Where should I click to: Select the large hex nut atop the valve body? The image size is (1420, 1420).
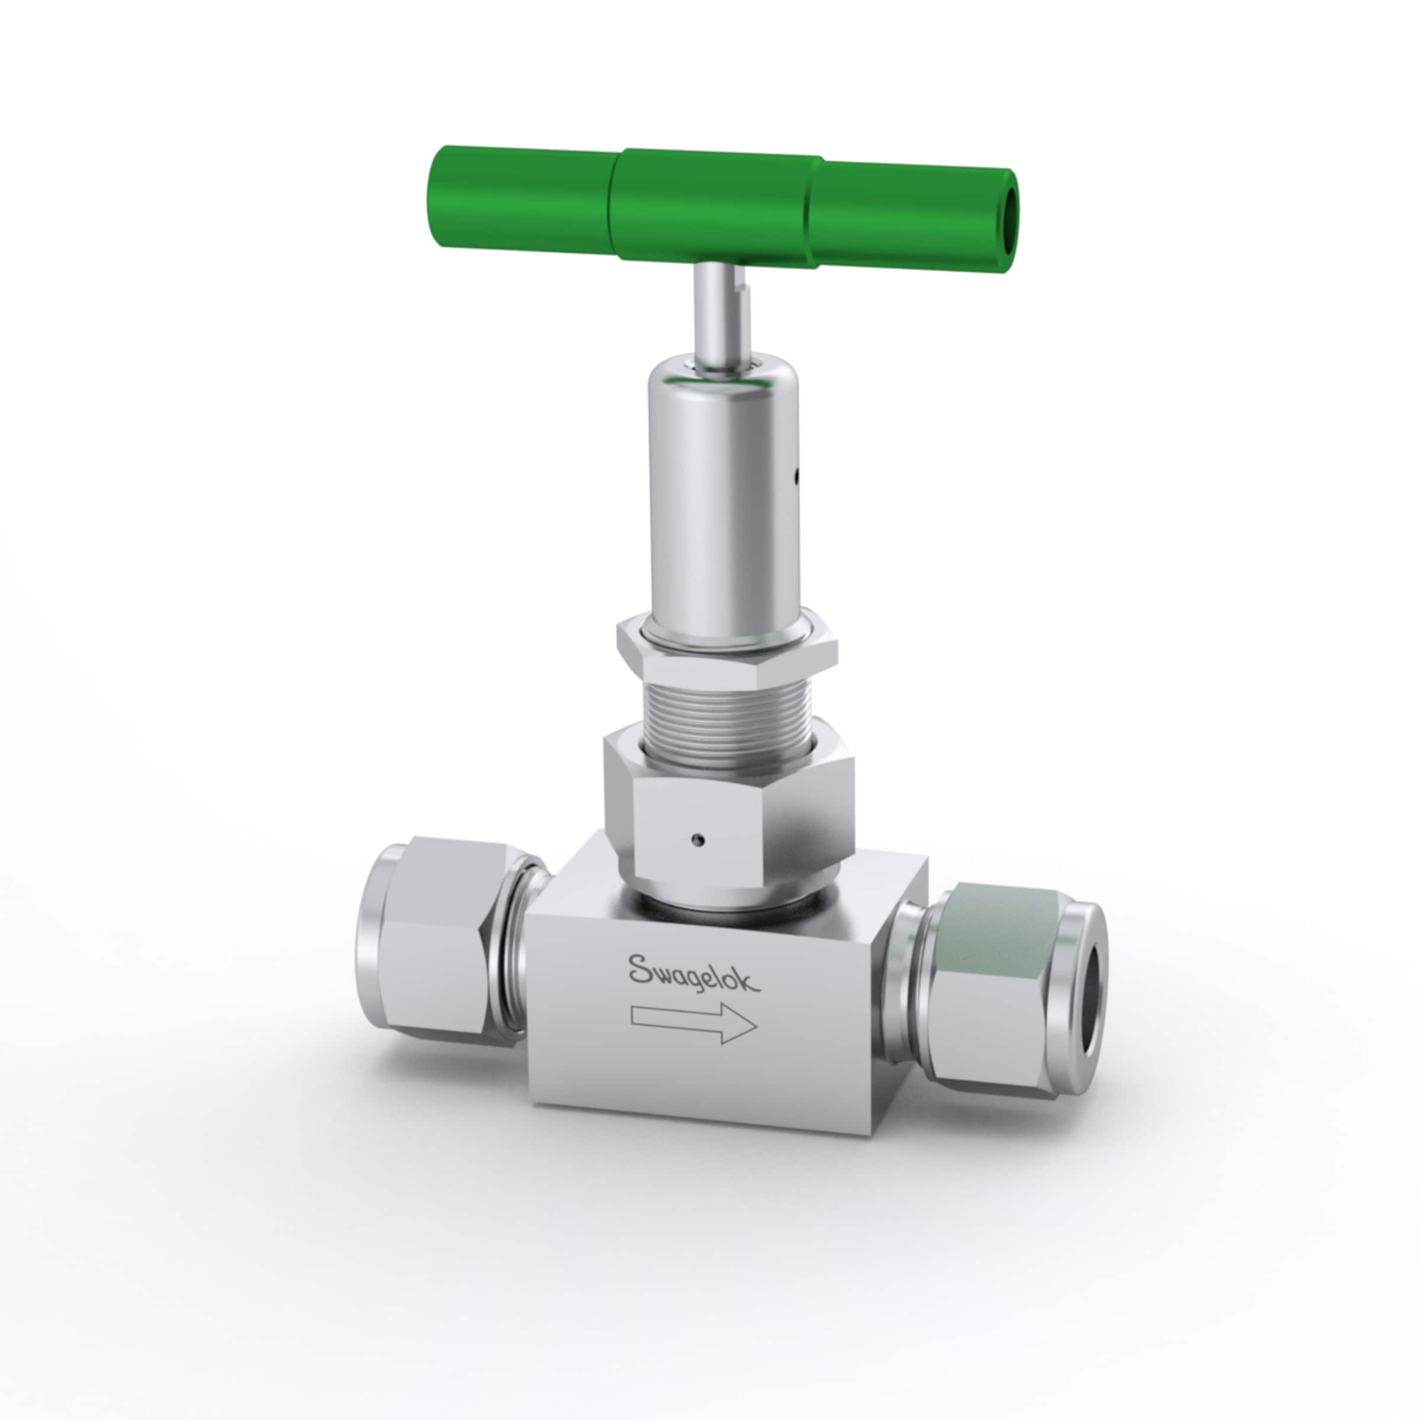728,816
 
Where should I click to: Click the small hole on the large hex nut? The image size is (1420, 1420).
695,838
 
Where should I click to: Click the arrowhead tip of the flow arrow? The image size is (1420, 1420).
755,1025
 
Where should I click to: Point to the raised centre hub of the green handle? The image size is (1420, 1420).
717,206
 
